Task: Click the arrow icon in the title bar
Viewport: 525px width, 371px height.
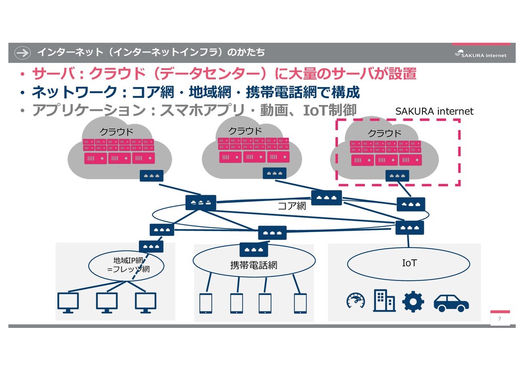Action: click(x=23, y=52)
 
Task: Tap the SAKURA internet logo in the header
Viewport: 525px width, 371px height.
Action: click(x=480, y=54)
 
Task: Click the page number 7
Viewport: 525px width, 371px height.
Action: click(x=499, y=319)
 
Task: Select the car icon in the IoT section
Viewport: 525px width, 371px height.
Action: click(x=451, y=303)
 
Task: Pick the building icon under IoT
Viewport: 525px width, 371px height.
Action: click(x=384, y=300)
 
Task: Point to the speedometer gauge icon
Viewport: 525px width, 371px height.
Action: click(x=356, y=300)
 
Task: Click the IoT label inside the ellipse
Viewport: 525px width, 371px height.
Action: click(x=409, y=263)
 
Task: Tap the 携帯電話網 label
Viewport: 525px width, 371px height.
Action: click(x=253, y=265)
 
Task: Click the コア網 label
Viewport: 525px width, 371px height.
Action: click(x=292, y=205)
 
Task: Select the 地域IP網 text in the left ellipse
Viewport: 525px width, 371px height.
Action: click(x=128, y=260)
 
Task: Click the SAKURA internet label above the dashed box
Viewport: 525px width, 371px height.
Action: click(x=434, y=111)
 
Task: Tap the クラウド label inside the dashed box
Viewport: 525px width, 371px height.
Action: click(x=385, y=133)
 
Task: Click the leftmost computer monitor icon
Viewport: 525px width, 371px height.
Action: click(x=68, y=303)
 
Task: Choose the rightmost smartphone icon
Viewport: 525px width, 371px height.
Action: click(x=300, y=303)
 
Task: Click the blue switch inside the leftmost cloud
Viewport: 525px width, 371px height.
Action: click(x=151, y=176)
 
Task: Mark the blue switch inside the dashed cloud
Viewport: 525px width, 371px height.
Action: click(x=397, y=176)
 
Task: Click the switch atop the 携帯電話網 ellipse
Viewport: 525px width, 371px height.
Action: click(x=254, y=250)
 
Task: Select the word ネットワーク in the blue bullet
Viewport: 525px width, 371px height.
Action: click(x=74, y=92)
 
